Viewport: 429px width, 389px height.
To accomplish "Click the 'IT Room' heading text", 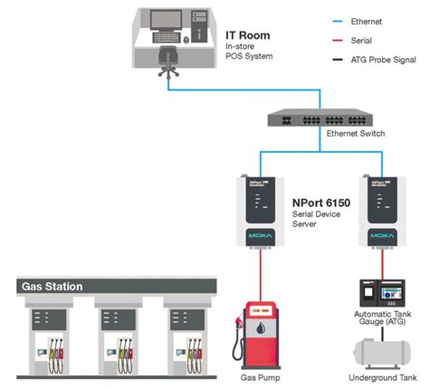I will pyautogui.click(x=247, y=34).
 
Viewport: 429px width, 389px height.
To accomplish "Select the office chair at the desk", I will pyautogui.click(x=167, y=59).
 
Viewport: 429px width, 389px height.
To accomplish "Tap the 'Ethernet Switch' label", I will pyautogui.click(x=356, y=134).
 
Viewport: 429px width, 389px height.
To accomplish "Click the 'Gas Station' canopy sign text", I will pyautogui.click(x=52, y=287).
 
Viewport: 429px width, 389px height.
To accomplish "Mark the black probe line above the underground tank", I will pyautogui.click(x=379, y=329).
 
